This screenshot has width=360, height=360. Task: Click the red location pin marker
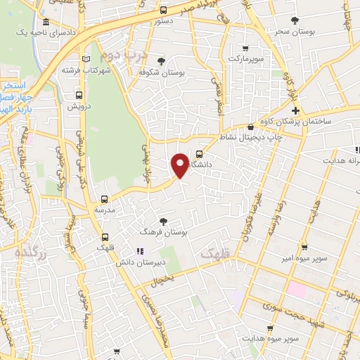coord(181,165)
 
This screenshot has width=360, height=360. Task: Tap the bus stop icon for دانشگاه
coord(199,155)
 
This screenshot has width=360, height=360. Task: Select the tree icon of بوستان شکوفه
coord(163,60)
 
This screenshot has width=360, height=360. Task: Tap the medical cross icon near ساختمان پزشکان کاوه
coord(296,110)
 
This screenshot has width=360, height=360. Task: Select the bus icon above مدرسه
coord(105,199)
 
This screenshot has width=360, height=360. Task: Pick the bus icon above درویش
coord(77,96)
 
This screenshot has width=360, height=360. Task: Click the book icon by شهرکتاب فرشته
coord(87,59)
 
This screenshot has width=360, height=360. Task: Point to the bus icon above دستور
coord(163,10)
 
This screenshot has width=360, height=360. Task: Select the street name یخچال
coord(163,279)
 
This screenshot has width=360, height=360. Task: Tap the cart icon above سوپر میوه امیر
coord(303,247)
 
